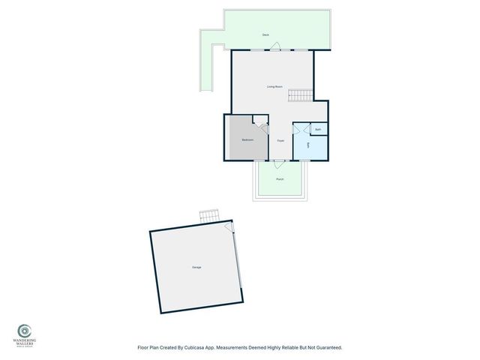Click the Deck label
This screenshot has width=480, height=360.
pos(265,35)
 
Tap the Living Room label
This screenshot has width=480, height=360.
pos(274,87)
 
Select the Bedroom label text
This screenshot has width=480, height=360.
pos(247,140)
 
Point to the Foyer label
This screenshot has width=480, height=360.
pos(280,141)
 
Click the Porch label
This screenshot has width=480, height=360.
pos(280,179)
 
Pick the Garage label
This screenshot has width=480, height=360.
pos(196,268)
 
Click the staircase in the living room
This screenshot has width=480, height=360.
pos(300,95)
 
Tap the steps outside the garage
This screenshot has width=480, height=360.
pos(209,216)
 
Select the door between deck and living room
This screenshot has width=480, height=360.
pos(276,47)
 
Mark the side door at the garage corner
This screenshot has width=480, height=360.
pos(235,229)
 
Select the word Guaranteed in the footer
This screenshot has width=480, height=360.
pos(327,348)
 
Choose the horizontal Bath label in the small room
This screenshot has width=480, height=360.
pos(318,130)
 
